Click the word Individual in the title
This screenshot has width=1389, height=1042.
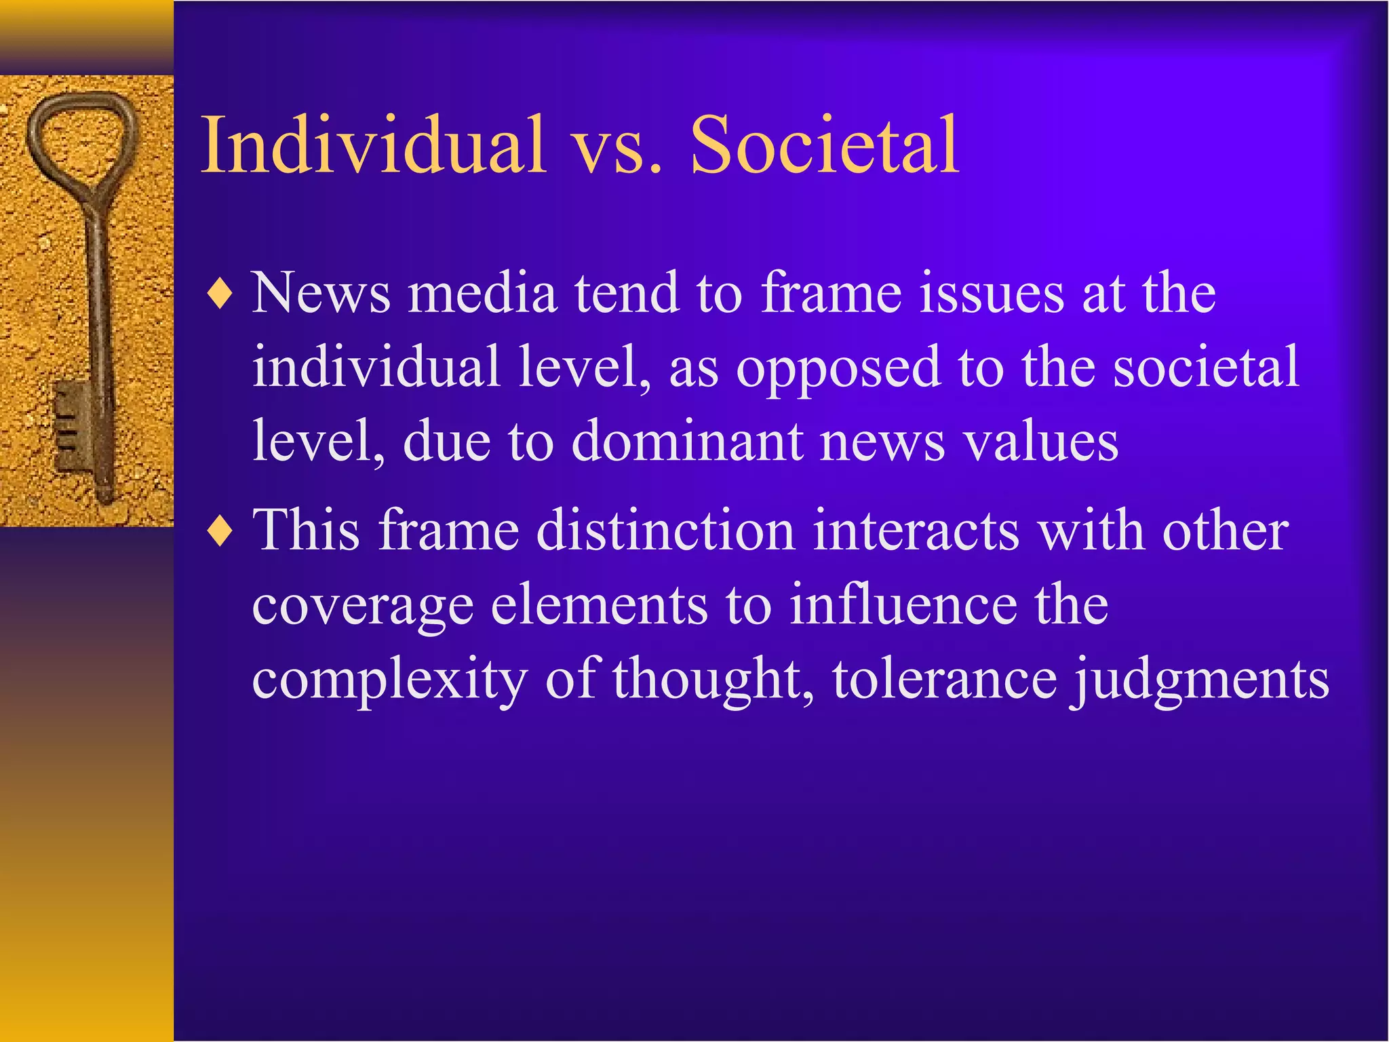tap(374, 145)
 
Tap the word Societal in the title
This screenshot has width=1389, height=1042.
tap(824, 145)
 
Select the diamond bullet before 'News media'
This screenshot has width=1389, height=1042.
tap(220, 294)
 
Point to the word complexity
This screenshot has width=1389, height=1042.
tap(389, 680)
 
